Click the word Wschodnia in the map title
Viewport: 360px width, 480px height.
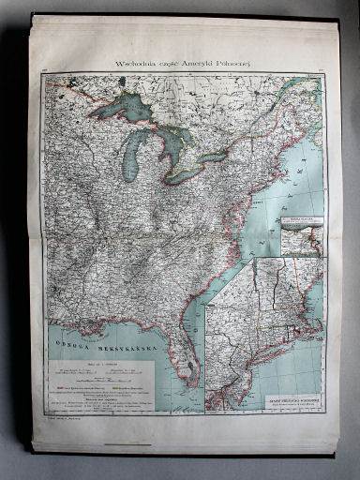click(x=134, y=64)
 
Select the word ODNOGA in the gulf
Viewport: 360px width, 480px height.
click(x=73, y=338)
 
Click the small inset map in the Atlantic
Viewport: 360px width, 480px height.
click(x=301, y=235)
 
